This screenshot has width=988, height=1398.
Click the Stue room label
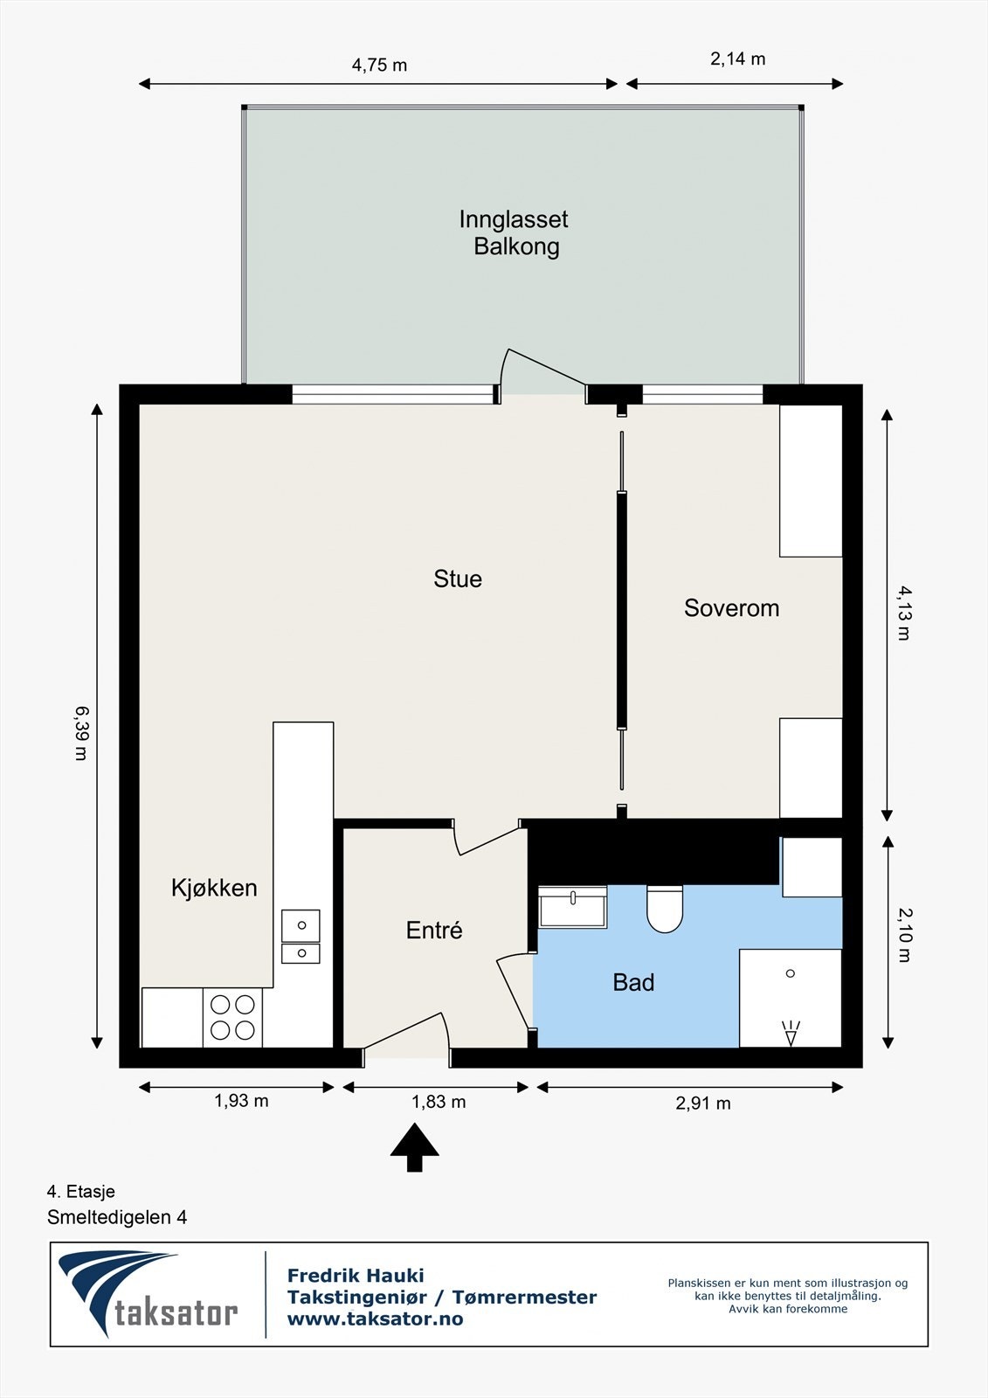pyautogui.click(x=458, y=578)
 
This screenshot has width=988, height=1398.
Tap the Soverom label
pyautogui.click(x=731, y=608)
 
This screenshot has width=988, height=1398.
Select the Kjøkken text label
pyautogui.click(x=214, y=888)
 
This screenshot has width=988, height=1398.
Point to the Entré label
pyautogui.click(x=434, y=931)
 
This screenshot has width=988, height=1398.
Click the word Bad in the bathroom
pyautogui.click(x=633, y=982)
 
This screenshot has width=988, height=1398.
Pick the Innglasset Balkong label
pyautogui.click(x=515, y=232)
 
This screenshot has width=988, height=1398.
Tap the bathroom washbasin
pyautogui.click(x=572, y=906)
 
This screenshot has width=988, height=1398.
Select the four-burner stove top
pyautogui.click(x=232, y=1017)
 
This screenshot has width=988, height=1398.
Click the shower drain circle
pyautogui.click(x=791, y=973)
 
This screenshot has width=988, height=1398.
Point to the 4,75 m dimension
pyautogui.click(x=379, y=65)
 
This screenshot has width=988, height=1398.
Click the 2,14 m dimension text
pyautogui.click(x=737, y=59)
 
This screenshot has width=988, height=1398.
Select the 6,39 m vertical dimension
pyautogui.click(x=82, y=732)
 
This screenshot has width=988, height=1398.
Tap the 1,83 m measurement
pyautogui.click(x=439, y=1102)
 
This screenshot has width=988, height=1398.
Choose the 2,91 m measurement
pyautogui.click(x=702, y=1104)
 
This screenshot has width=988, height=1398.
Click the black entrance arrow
pyautogui.click(x=414, y=1147)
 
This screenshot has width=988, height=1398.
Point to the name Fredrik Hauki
pyautogui.click(x=356, y=1276)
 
